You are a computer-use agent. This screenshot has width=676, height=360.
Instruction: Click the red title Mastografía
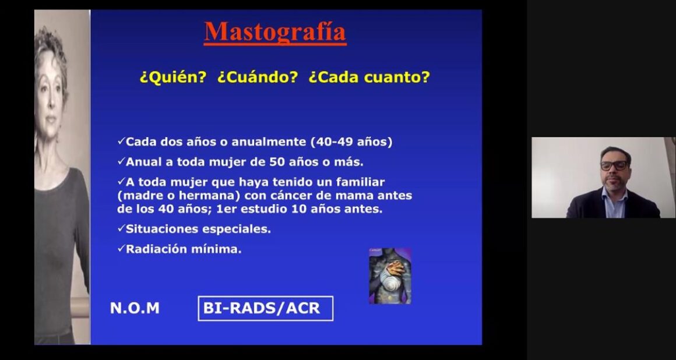[275, 31]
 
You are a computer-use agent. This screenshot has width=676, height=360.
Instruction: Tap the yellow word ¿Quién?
[173, 77]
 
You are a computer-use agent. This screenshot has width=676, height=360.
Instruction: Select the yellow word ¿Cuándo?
[258, 77]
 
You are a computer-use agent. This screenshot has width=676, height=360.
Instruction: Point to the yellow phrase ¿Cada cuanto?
[369, 77]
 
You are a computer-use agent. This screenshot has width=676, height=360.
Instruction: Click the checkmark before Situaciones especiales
[121, 228]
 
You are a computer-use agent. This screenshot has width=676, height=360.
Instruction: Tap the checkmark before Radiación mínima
[121, 248]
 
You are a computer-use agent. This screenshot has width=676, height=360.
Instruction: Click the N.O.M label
[135, 308]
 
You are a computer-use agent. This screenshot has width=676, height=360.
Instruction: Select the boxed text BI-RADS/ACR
[262, 308]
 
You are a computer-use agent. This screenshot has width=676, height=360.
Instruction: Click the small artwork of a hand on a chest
[390, 276]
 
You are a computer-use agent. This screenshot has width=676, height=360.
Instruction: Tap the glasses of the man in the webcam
[614, 165]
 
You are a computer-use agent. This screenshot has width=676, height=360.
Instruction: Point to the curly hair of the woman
[51, 47]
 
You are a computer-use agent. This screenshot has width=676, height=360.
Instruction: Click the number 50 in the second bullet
[276, 162]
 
